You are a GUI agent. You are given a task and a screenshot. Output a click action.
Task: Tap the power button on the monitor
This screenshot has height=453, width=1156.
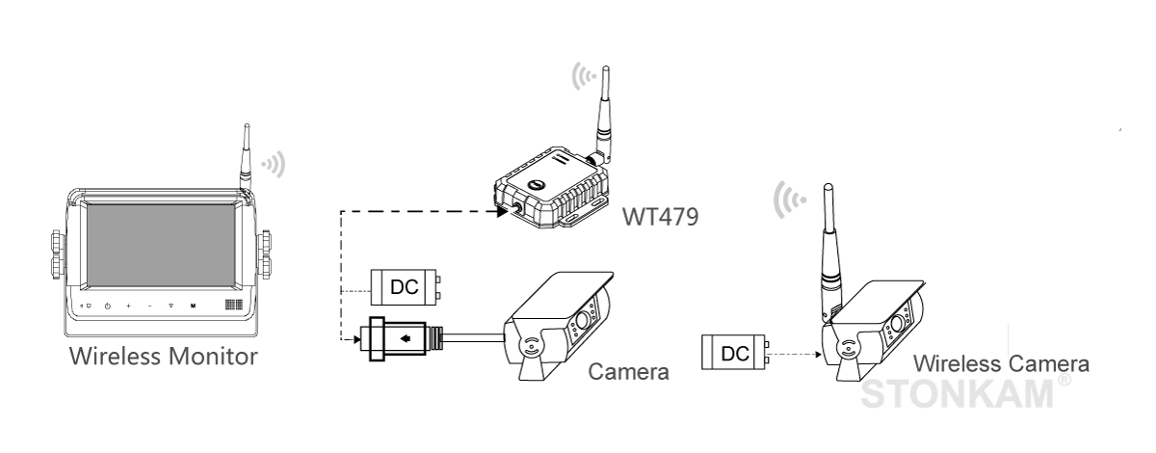point(107,306)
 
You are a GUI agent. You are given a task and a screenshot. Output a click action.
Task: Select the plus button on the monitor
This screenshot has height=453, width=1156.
point(128,306)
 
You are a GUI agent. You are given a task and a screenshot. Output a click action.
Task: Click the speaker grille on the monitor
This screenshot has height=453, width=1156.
point(231,305)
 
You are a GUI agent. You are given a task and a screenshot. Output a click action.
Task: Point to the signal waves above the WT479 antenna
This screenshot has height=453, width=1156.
point(585,74)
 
